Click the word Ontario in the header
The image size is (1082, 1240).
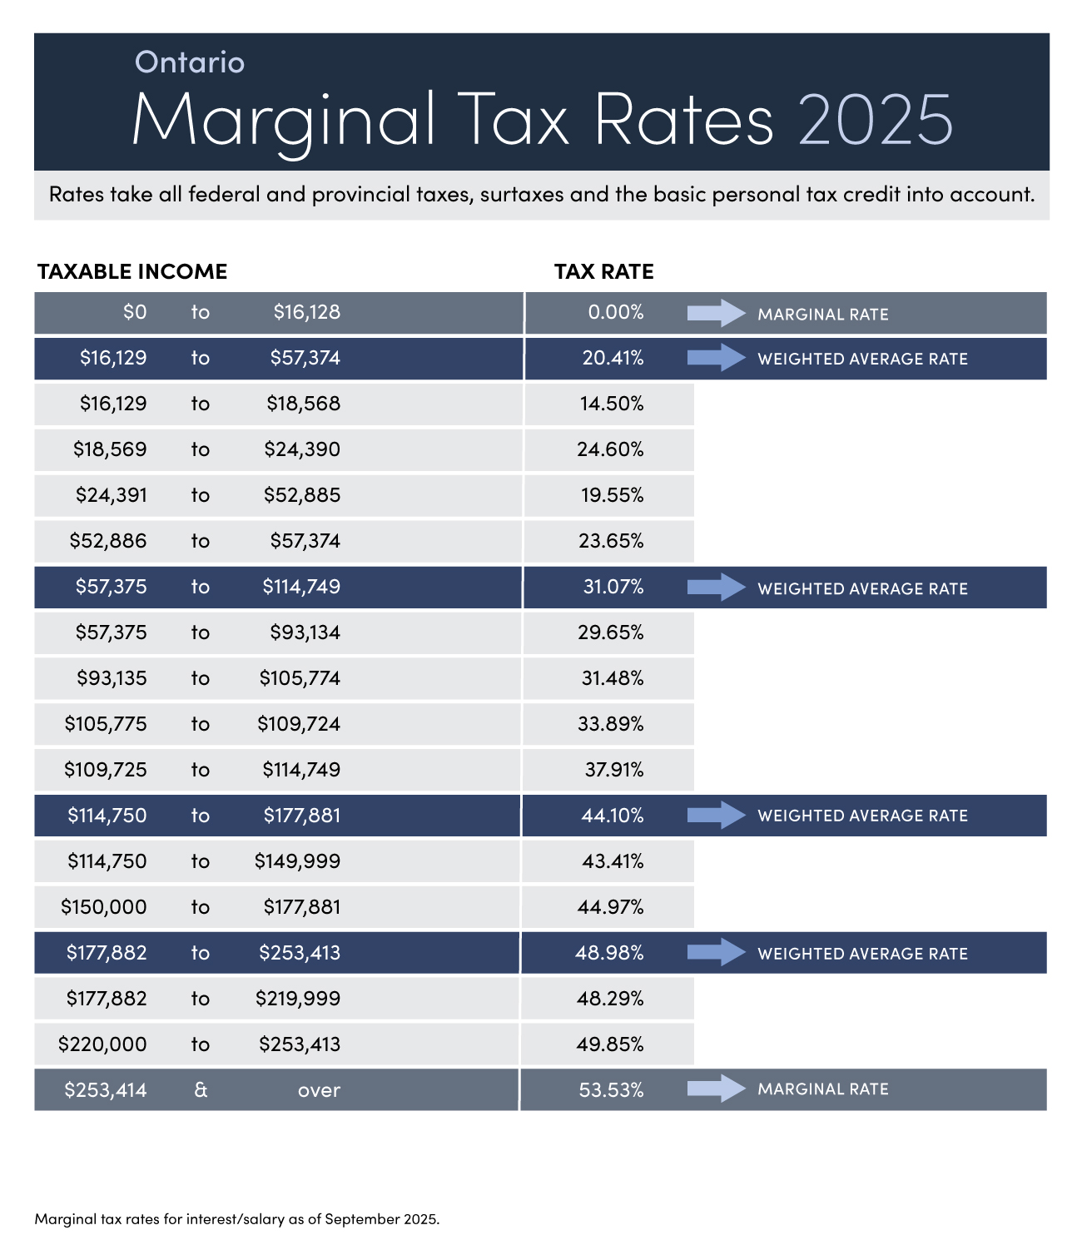tap(190, 62)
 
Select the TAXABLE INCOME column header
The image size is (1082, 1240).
tap(132, 271)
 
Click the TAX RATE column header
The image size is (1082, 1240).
tap(604, 271)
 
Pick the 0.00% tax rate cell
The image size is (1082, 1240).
tap(615, 312)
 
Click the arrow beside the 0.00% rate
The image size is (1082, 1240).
tap(716, 313)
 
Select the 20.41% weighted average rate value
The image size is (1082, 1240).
tap(613, 358)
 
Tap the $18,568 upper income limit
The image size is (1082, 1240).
tap(303, 404)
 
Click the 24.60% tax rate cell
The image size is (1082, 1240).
tap(610, 449)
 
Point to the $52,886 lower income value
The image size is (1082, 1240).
tap(108, 541)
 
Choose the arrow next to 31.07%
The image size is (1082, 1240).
tap(716, 588)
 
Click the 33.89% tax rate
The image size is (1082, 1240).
tap(610, 724)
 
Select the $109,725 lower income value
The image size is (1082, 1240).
tap(106, 770)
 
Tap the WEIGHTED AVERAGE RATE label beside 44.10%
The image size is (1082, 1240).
tap(862, 816)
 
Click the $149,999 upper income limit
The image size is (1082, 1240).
tap(297, 861)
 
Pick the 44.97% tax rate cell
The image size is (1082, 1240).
tap(610, 907)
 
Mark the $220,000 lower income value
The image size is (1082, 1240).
tap(102, 1044)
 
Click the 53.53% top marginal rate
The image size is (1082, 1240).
tap(611, 1090)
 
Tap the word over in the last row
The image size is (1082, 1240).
tap(319, 1090)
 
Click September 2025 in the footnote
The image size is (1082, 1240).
tap(381, 1219)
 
